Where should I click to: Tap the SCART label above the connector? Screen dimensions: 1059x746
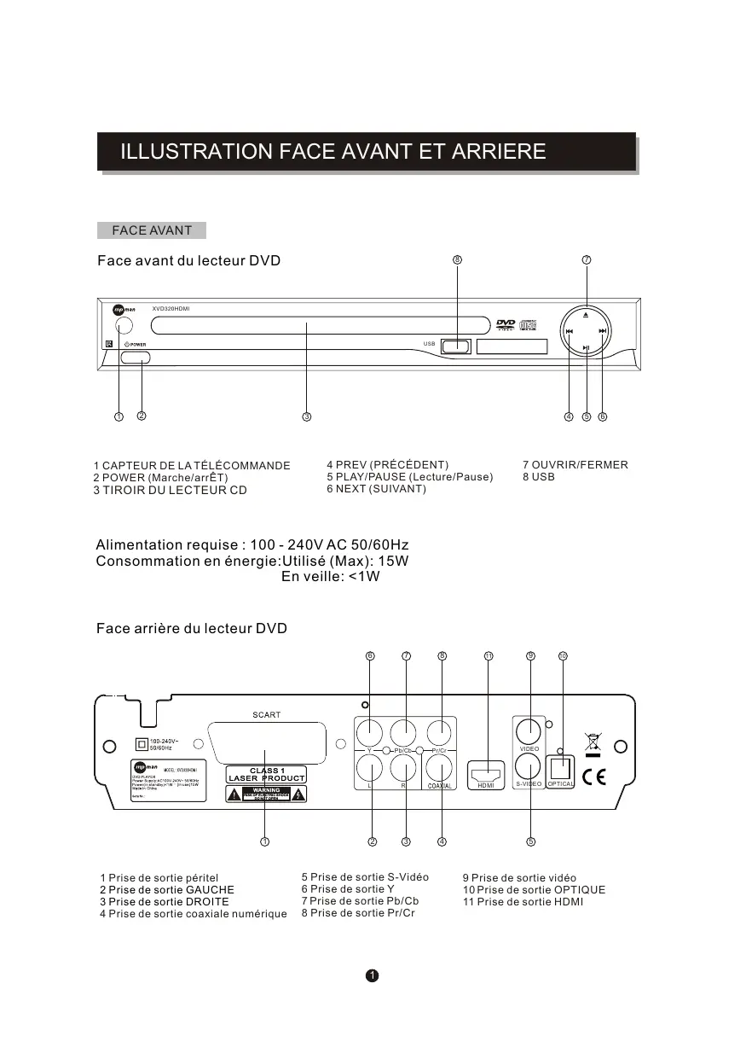(266, 715)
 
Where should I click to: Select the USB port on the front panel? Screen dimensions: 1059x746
(456, 346)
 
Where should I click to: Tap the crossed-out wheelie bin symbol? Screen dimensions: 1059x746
(592, 742)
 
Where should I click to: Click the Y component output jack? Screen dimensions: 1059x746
(370, 731)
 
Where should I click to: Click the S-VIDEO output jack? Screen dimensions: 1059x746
(529, 765)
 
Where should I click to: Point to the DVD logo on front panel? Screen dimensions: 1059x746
(506, 324)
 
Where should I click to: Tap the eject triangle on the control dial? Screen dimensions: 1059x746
(586, 314)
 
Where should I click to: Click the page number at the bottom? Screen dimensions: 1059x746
(373, 975)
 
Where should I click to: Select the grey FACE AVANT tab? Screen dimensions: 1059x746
(152, 230)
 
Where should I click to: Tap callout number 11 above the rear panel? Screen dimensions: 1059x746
(489, 655)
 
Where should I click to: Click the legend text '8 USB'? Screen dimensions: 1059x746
(538, 477)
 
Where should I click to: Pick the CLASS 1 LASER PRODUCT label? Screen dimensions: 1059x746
(266, 775)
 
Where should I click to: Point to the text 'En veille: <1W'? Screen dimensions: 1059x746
(330, 577)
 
